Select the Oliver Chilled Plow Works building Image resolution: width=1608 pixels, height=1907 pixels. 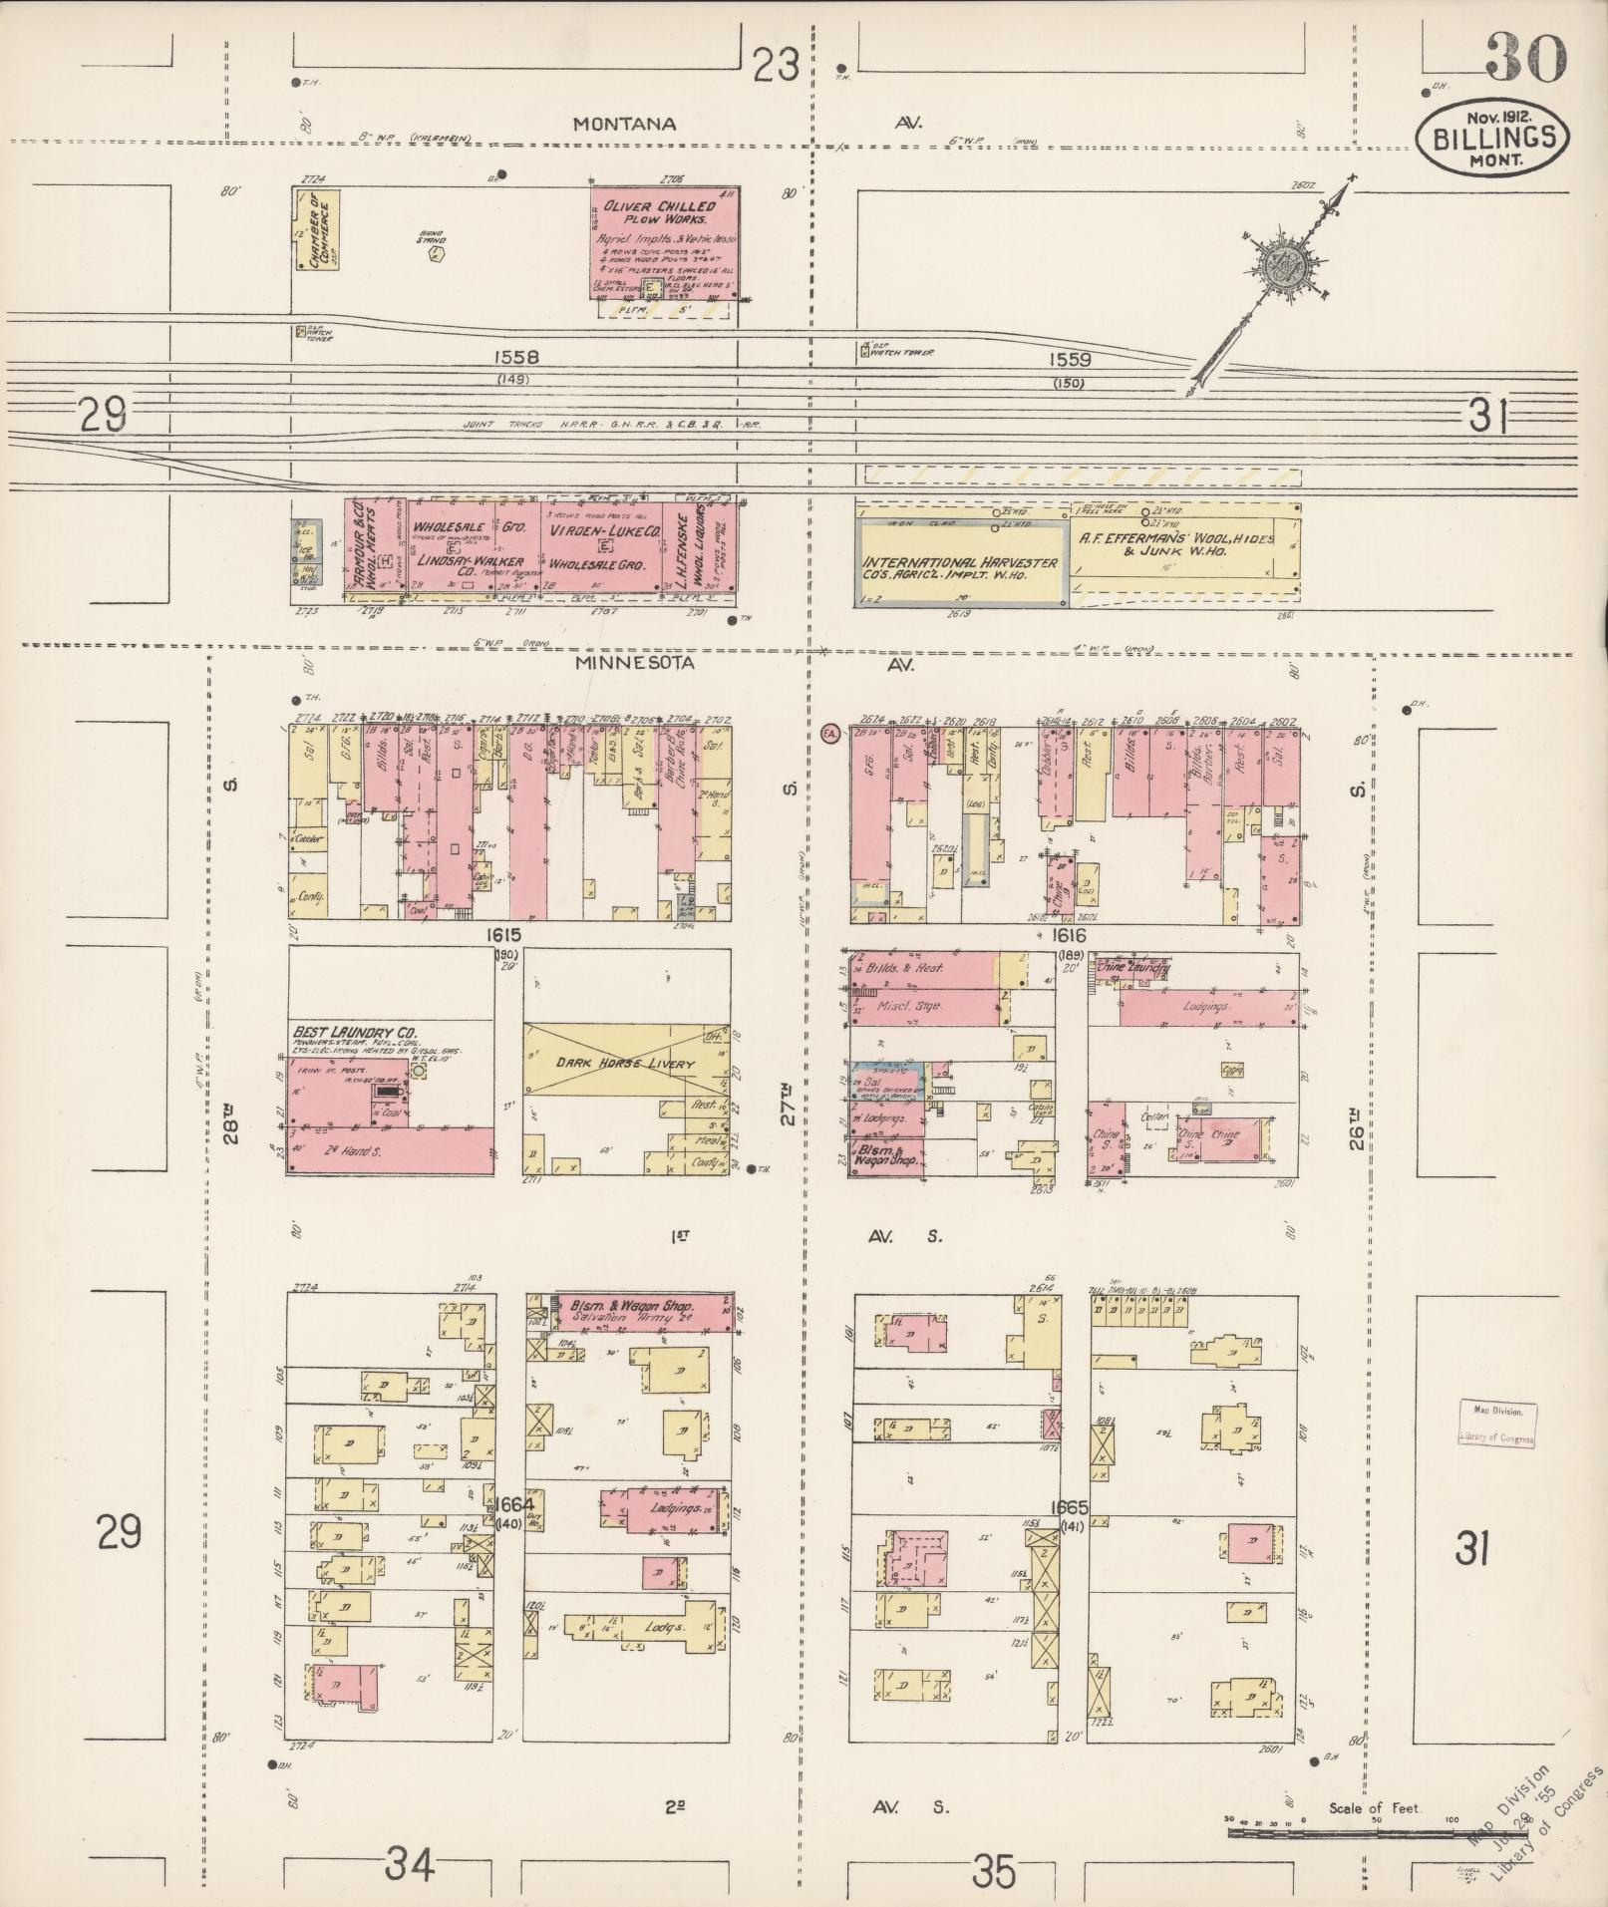point(664,239)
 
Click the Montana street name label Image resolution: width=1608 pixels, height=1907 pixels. point(625,125)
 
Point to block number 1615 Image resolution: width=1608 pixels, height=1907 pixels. point(505,936)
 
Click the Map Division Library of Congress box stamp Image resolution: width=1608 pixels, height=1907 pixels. point(1498,1423)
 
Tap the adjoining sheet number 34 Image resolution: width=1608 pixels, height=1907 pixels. point(411,1862)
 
